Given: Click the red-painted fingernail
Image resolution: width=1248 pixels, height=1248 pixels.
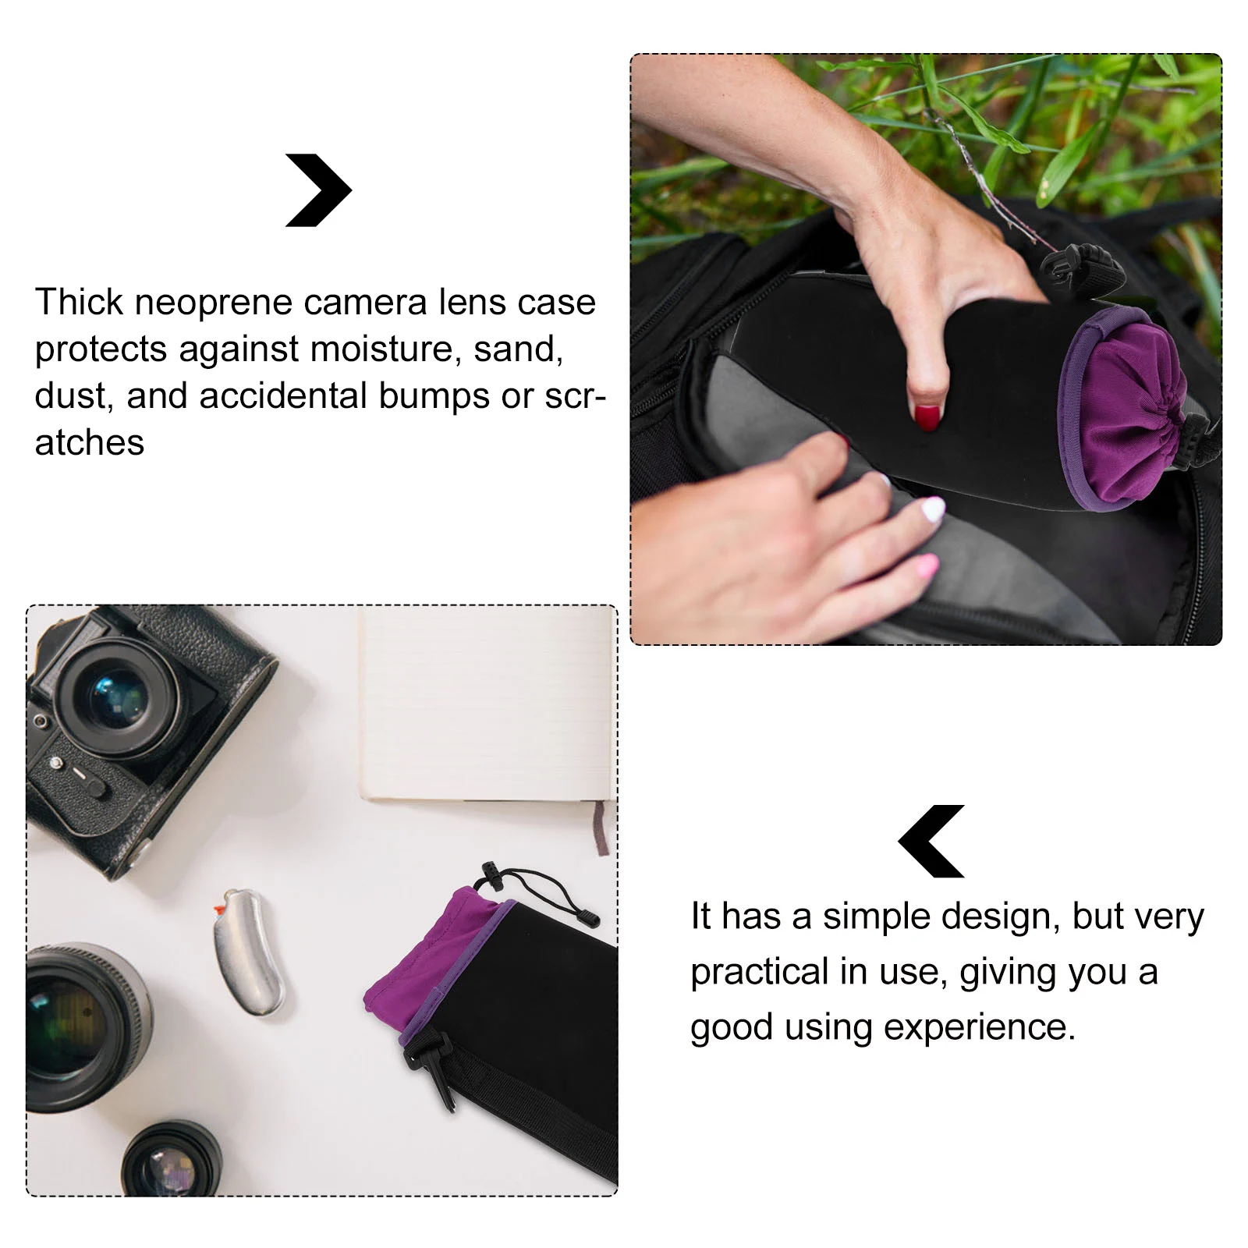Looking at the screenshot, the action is [x=927, y=418].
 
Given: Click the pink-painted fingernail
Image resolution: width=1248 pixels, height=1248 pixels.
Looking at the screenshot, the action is [x=927, y=565].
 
